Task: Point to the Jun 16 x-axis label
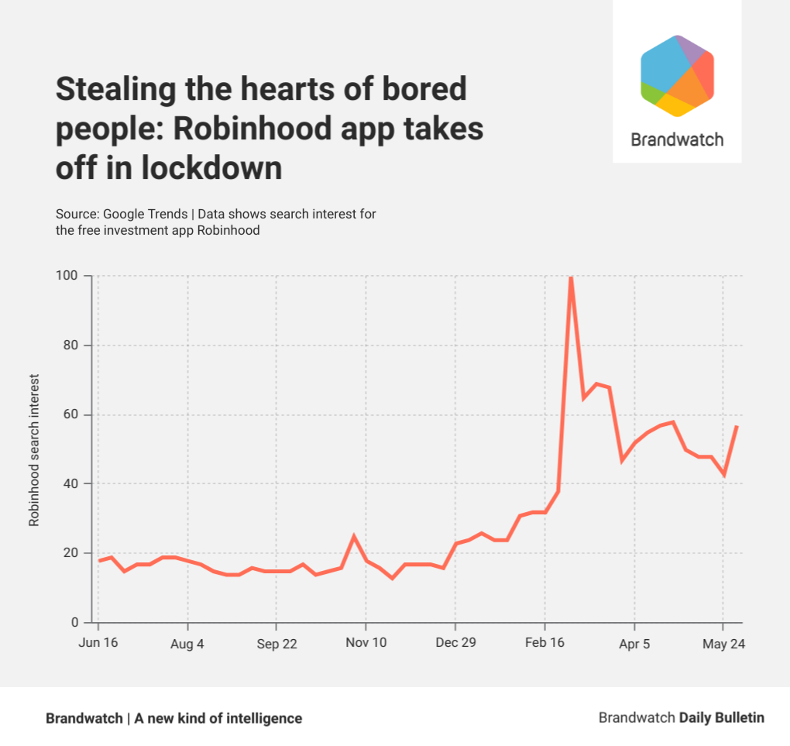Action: tap(98, 644)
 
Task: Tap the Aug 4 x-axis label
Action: tap(187, 644)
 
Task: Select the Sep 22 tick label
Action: tap(276, 644)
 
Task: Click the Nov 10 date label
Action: tap(366, 644)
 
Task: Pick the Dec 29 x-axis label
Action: tap(455, 644)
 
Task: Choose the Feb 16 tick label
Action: tap(544, 644)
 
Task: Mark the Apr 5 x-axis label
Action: tap(634, 644)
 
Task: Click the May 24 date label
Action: tap(723, 644)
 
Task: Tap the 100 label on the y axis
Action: tap(67, 277)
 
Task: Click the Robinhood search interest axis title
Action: tap(34, 450)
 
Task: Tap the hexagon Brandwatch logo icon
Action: tap(677, 75)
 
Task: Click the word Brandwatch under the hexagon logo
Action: tap(677, 139)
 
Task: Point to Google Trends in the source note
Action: tap(146, 214)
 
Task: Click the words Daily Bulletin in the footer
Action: tap(722, 718)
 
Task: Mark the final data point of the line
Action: tap(737, 426)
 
